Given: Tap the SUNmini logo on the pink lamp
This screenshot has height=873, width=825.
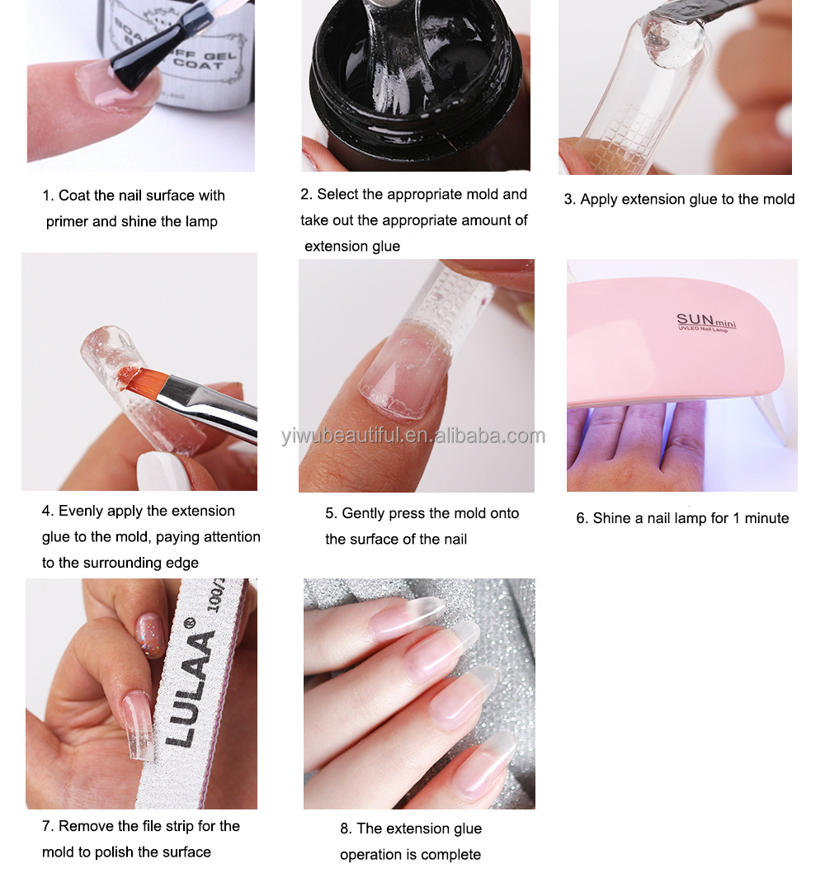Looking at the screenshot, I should [705, 322].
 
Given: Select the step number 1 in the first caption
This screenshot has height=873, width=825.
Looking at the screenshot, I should [47, 196].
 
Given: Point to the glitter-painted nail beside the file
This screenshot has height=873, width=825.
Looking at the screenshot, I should [152, 635].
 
